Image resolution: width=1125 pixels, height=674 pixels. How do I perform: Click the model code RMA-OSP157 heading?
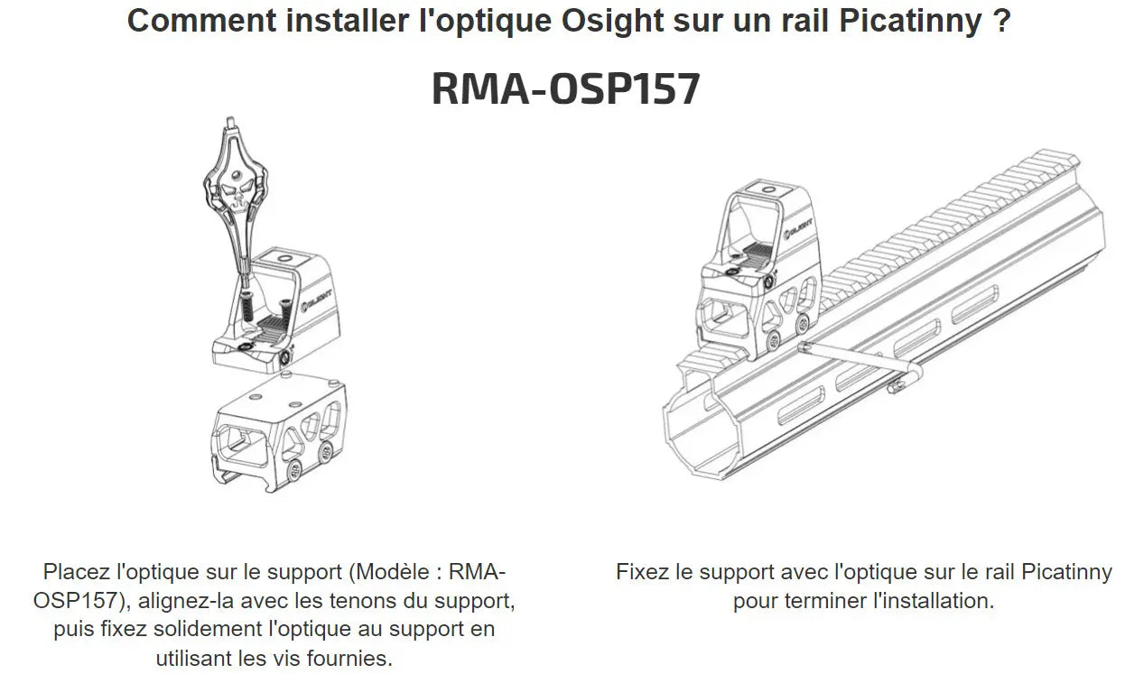[565, 89]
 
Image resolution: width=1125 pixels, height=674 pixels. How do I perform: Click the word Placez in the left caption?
[77, 572]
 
